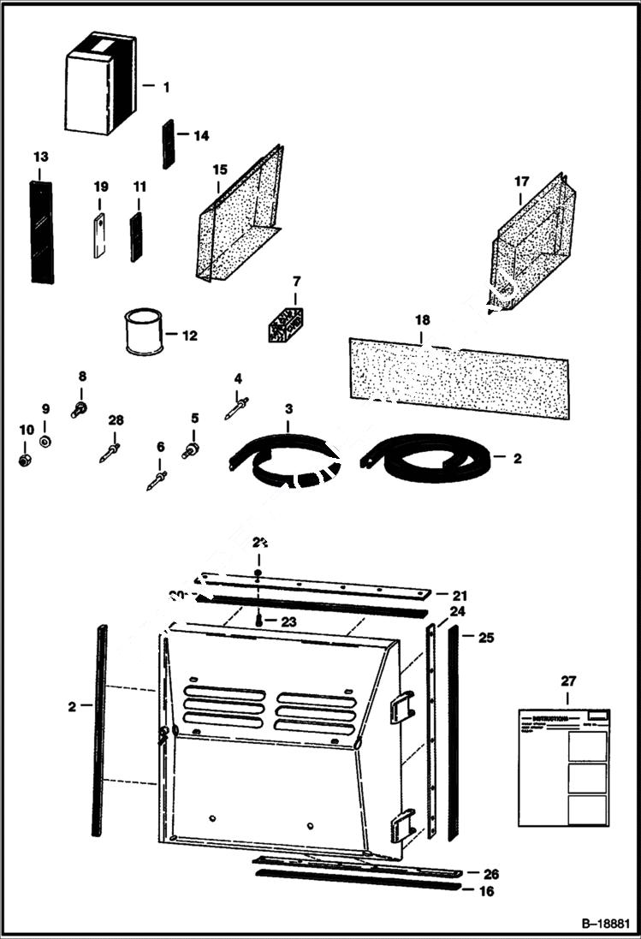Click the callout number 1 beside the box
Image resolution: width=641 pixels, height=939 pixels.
click(x=166, y=86)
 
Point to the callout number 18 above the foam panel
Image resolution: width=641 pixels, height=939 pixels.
click(x=422, y=321)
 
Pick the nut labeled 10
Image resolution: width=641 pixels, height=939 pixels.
click(x=26, y=460)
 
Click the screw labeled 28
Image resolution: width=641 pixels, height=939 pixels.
click(x=111, y=449)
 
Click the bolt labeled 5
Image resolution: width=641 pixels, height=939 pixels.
click(x=190, y=448)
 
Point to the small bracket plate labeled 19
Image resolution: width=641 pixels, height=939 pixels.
click(x=99, y=235)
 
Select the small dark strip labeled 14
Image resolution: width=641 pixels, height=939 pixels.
click(x=168, y=144)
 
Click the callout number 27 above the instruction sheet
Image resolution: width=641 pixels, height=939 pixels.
click(x=568, y=681)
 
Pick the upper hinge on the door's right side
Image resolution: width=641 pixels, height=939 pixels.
click(x=401, y=707)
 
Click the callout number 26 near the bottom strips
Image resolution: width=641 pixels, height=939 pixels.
click(x=490, y=874)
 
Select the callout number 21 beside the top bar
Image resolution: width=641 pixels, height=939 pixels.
click(x=460, y=594)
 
